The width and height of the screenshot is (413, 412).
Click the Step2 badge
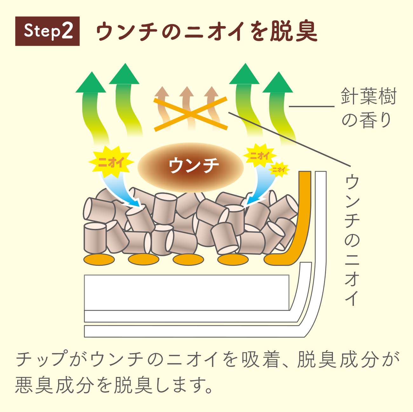[47, 31]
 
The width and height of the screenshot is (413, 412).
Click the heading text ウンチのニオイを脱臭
[206, 31]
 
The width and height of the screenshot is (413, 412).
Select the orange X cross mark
[191, 114]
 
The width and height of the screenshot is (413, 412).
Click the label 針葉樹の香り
[368, 108]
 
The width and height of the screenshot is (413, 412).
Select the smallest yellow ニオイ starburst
[279, 169]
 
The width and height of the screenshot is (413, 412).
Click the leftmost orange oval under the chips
[99, 259]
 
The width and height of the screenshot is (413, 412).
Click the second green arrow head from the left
[124, 75]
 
